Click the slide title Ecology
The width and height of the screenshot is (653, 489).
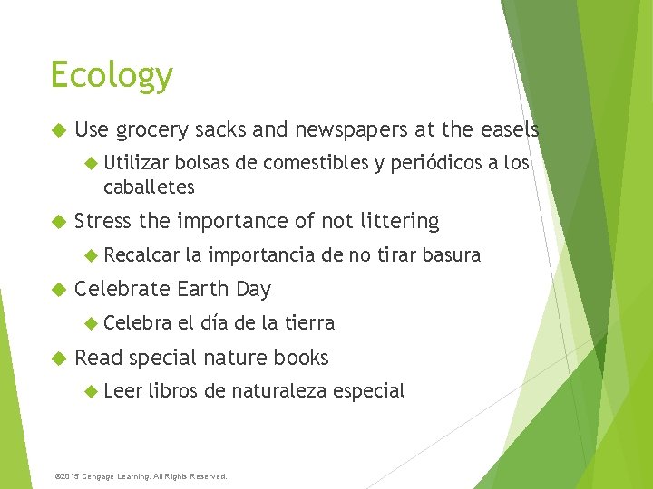(112, 75)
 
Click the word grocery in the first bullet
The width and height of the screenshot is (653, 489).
(152, 130)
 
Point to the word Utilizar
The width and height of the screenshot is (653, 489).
(136, 163)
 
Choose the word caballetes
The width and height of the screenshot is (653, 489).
(149, 187)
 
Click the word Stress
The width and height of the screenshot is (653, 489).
(102, 221)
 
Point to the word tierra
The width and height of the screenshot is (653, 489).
(309, 322)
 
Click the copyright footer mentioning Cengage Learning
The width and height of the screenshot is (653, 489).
(141, 475)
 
